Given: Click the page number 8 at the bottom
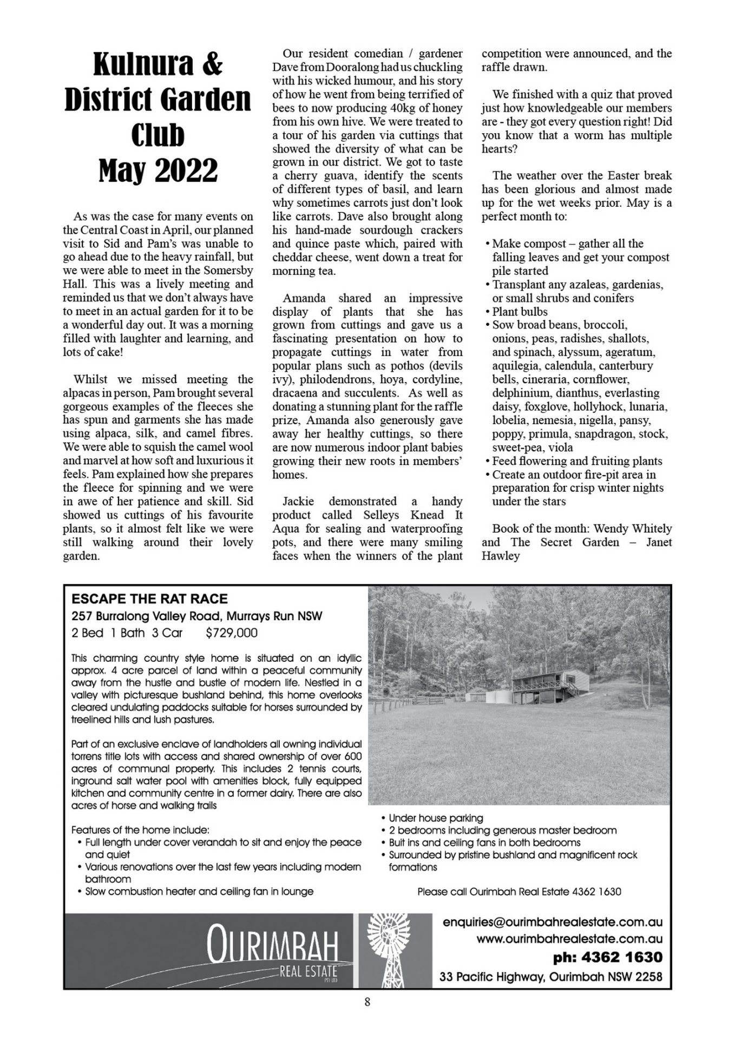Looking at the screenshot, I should click(x=367, y=1002).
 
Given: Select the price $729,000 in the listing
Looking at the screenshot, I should click(x=232, y=633).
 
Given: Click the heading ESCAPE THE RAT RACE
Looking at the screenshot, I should click(x=149, y=599).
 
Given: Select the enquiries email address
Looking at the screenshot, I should click(x=552, y=922).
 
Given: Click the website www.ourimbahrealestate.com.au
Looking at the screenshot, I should click(x=569, y=939).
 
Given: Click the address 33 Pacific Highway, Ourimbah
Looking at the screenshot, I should click(x=551, y=977).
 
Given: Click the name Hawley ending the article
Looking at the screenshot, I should click(x=501, y=556).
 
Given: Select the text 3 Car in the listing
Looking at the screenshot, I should click(x=167, y=633).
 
